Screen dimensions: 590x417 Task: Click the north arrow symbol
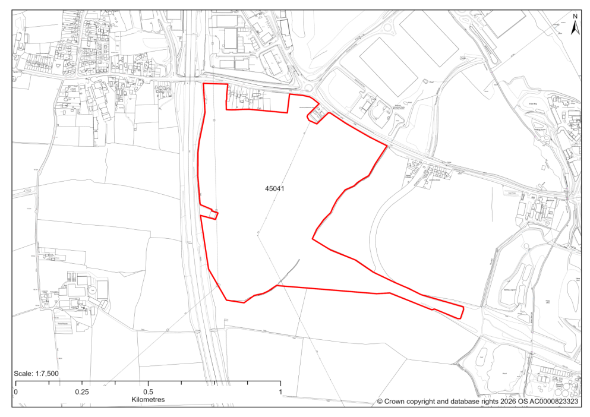pos(575,27)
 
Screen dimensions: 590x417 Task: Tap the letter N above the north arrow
pos(575,17)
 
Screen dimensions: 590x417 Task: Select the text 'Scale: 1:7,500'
pos(36,373)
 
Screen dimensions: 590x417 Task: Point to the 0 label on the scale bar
pos(15,392)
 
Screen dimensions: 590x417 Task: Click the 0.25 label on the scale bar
pos(82,392)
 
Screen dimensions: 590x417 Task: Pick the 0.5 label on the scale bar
pos(148,392)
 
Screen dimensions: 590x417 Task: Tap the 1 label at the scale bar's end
pos(280,392)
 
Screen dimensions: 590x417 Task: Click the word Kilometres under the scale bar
pos(148,400)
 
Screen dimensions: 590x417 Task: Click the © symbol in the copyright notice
pos(380,402)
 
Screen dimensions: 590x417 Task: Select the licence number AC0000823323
pos(553,402)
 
